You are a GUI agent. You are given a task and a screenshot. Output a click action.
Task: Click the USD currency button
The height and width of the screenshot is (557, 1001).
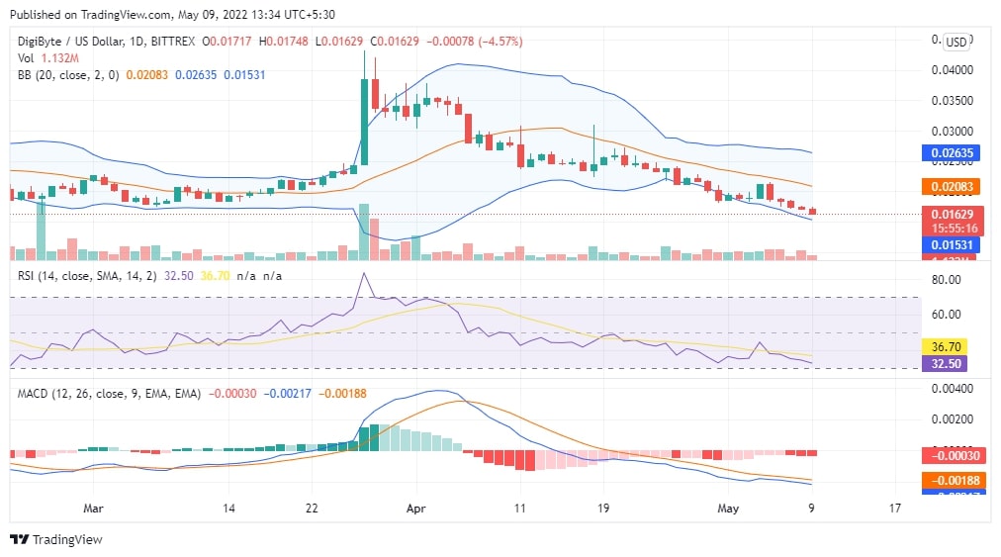955,42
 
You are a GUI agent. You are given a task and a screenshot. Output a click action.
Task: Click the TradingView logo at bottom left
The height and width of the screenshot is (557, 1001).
56,539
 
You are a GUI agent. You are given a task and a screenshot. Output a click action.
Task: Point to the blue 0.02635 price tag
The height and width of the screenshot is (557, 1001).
951,152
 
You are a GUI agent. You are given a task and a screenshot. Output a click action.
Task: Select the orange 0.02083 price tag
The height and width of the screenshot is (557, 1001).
951,186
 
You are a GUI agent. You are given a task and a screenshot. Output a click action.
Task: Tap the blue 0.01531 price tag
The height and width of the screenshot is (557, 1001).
951,244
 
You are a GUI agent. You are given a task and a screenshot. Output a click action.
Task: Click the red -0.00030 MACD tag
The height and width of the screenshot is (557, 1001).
951,456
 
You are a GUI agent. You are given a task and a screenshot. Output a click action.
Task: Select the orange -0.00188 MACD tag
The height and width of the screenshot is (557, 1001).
951,480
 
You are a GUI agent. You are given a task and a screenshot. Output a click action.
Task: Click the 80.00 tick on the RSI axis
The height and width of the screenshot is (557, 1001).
947,280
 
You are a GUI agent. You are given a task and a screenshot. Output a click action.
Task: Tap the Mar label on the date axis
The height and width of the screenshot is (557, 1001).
94,509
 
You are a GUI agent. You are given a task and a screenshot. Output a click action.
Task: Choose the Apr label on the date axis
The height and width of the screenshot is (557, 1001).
415,509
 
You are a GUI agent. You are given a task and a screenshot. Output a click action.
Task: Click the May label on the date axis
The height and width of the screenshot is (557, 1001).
728,509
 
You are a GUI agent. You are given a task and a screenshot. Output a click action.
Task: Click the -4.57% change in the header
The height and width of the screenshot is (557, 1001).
502,42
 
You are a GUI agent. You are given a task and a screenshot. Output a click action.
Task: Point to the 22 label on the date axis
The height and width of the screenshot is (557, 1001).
312,509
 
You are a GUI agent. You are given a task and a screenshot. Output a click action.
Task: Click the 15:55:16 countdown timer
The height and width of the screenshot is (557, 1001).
951,228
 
